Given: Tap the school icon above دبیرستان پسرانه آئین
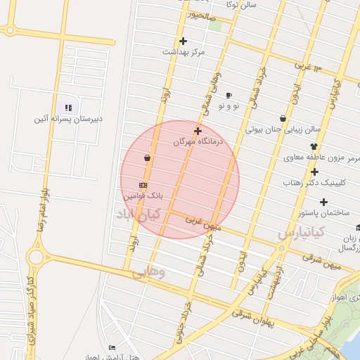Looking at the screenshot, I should [x=68, y=108].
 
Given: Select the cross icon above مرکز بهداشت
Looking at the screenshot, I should [x=184, y=41].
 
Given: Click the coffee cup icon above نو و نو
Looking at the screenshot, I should [x=229, y=95].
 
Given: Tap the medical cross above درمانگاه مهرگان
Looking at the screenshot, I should [x=198, y=131].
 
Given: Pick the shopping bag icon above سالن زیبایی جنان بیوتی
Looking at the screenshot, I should [x=283, y=119].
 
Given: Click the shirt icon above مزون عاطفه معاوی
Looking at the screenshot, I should [x=313, y=146].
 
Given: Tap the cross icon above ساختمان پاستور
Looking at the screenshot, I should [x=323, y=202].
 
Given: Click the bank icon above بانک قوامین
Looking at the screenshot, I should [x=143, y=184].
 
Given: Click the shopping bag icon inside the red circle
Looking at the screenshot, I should [x=147, y=158].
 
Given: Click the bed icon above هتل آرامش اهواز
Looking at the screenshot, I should [x=112, y=348].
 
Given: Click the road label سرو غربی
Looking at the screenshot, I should [x=308, y=66].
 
